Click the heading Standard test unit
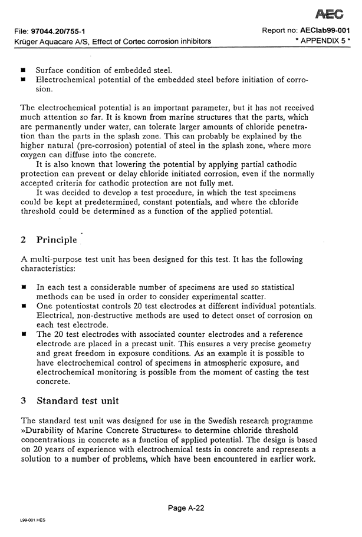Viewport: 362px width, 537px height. coord(78,400)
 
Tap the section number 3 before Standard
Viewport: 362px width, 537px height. coord(23,400)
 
